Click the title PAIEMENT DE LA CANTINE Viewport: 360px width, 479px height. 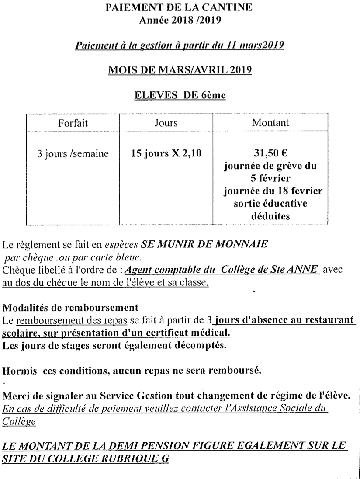click(x=179, y=8)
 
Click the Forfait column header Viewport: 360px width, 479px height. click(x=73, y=123)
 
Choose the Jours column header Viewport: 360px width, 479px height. click(x=166, y=123)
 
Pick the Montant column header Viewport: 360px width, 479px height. click(x=270, y=123)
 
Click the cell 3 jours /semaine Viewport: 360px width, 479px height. click(x=73, y=154)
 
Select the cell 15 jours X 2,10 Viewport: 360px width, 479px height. click(x=166, y=154)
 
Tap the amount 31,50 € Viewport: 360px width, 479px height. click(x=270, y=154)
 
